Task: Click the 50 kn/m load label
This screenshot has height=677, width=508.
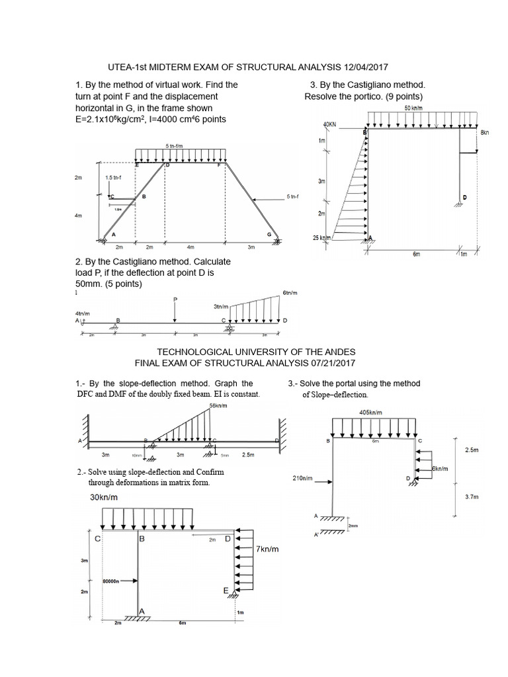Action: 415,108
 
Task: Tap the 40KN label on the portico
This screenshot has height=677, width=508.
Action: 329,124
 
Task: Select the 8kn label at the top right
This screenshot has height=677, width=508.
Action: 484,132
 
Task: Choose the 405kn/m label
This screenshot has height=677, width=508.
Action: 371,412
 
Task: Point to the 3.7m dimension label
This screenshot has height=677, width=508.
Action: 471,504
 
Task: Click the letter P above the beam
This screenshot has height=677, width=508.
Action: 175,299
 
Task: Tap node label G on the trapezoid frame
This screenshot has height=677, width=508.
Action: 269,235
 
